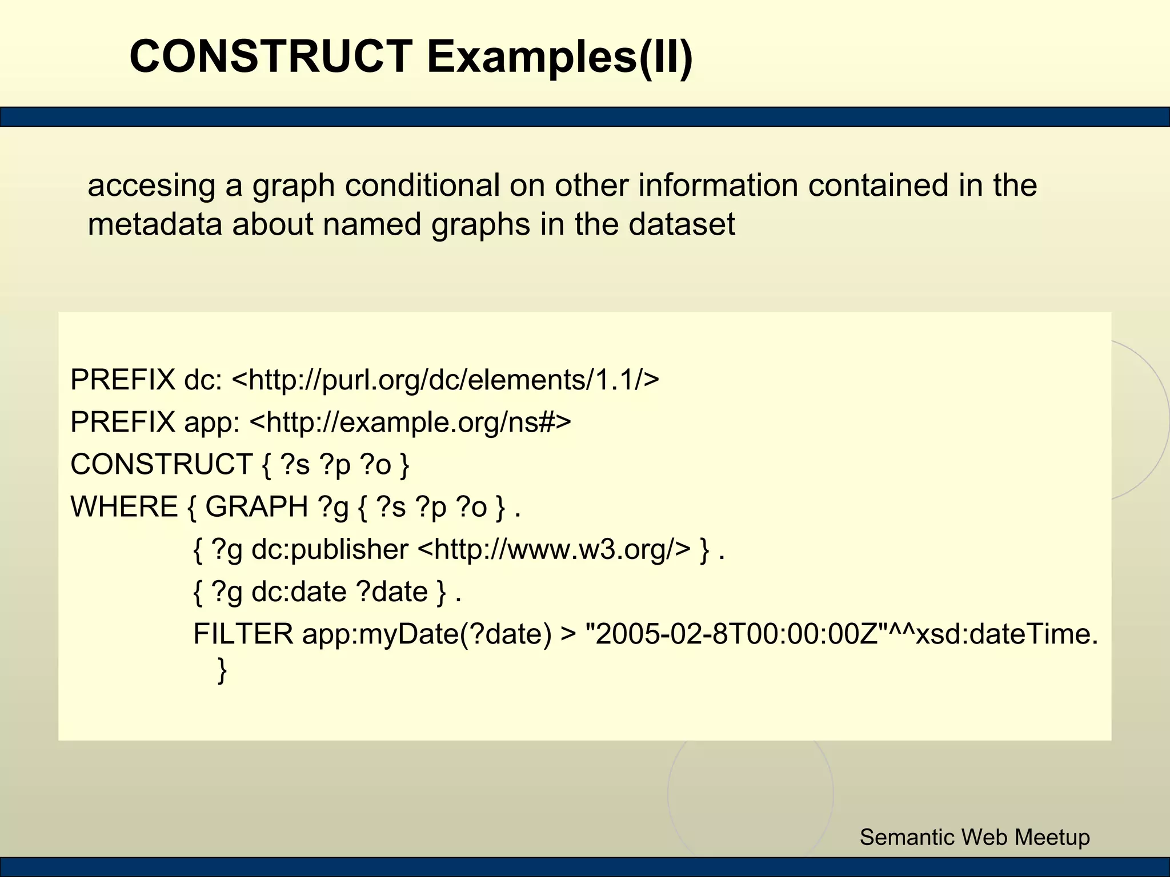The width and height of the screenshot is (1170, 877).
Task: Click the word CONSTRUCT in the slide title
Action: [x=271, y=57]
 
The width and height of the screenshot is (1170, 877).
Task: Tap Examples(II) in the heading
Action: [x=560, y=57]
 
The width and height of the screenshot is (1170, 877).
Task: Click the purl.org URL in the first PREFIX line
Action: [x=446, y=380]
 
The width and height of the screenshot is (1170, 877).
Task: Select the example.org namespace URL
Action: [x=410, y=423]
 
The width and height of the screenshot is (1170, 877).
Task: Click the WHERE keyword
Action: [x=124, y=507]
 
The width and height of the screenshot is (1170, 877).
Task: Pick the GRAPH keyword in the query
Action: [x=257, y=507]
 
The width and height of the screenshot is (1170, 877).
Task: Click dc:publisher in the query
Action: [x=330, y=550]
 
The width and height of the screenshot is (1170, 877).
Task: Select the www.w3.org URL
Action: [x=554, y=550]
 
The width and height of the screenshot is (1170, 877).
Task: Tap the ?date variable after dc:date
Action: [x=392, y=592]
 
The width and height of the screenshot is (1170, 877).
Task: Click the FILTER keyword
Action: [x=243, y=634]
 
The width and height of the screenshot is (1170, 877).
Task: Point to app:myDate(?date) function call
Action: [x=427, y=634]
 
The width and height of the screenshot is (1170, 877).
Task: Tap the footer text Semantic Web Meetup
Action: [x=975, y=837]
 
